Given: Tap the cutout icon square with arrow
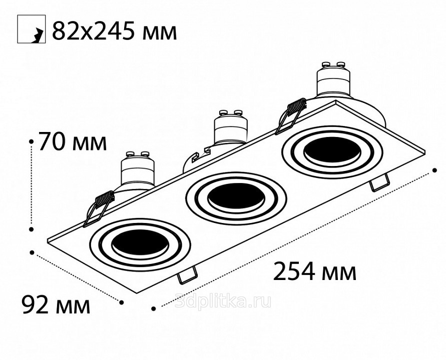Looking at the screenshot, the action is pyautogui.click(x=32, y=29).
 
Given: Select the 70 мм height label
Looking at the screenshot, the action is pyautogui.click(x=72, y=141).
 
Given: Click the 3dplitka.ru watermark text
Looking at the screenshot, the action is pyautogui.click(x=223, y=301).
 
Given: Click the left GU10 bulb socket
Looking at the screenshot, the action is pyautogui.click(x=138, y=169).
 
